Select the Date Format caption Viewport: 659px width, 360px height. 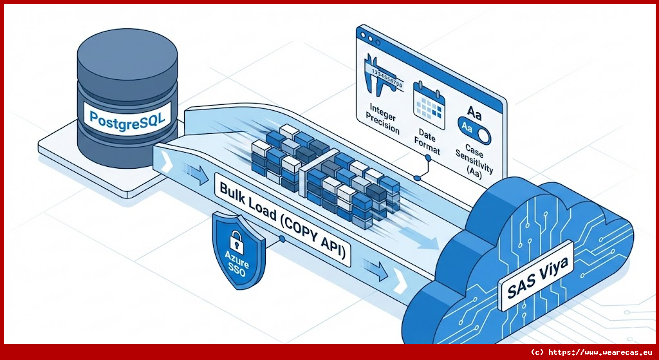point(428,140)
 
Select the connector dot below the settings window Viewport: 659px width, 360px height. point(419,176)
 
